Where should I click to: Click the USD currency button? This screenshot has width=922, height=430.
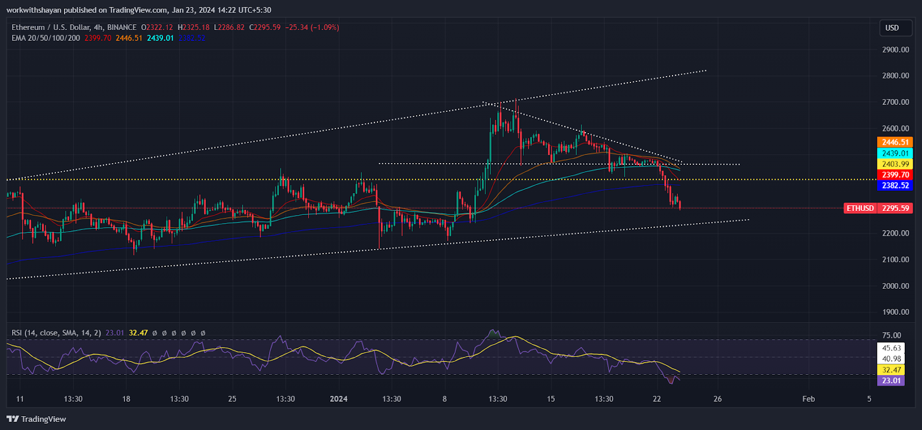pyautogui.click(x=892, y=28)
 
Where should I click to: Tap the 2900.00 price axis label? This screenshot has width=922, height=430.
pyautogui.click(x=895, y=50)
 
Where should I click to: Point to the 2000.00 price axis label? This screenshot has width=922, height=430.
pyautogui.click(x=895, y=286)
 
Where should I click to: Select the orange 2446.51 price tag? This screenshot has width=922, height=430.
pyautogui.click(x=895, y=142)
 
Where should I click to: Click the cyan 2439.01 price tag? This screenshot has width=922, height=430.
pyautogui.click(x=895, y=153)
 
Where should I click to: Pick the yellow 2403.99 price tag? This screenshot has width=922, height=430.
pyautogui.click(x=895, y=164)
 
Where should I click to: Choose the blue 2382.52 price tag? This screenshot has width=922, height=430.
pyautogui.click(x=895, y=186)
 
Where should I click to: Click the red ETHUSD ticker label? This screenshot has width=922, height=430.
pyautogui.click(x=860, y=208)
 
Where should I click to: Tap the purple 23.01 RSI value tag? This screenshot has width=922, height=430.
pyautogui.click(x=891, y=381)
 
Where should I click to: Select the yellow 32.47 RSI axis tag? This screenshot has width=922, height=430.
pyautogui.click(x=891, y=370)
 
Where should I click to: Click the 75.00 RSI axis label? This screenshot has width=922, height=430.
pyautogui.click(x=891, y=335)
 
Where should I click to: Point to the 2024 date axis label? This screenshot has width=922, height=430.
pyautogui.click(x=338, y=399)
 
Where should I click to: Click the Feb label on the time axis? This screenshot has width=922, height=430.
pyautogui.click(x=808, y=399)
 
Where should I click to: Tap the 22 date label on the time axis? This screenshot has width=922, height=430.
pyautogui.click(x=657, y=399)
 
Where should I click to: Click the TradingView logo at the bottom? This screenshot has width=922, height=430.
pyautogui.click(x=36, y=419)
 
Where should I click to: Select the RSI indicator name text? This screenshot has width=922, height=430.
pyautogui.click(x=56, y=333)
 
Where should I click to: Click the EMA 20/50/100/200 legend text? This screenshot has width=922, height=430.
pyautogui.click(x=46, y=38)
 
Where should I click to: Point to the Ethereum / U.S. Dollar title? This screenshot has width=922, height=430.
pyautogui.click(x=74, y=27)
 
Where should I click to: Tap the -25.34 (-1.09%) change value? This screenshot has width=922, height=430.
pyautogui.click(x=312, y=27)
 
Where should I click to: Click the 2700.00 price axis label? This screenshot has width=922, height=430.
pyautogui.click(x=895, y=102)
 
